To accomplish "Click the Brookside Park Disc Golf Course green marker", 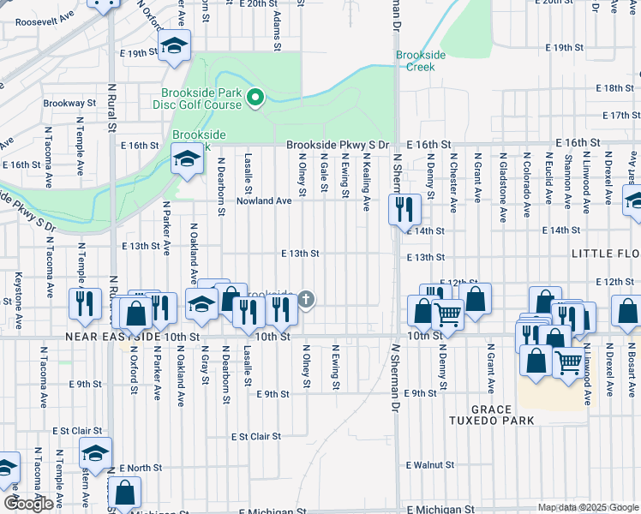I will coord(254,99).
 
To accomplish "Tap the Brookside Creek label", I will coord(421,60).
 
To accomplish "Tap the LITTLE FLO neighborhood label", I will coord(606,255).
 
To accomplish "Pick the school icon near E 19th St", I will coord(175,47).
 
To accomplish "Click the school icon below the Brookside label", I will coord(186,159).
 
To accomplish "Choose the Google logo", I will coord(28,504).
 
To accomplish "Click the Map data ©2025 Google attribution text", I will coord(588,507).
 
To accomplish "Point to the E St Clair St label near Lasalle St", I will coord(255,436).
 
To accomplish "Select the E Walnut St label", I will coord(429,464).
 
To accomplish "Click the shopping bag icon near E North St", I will coord(125,493).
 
